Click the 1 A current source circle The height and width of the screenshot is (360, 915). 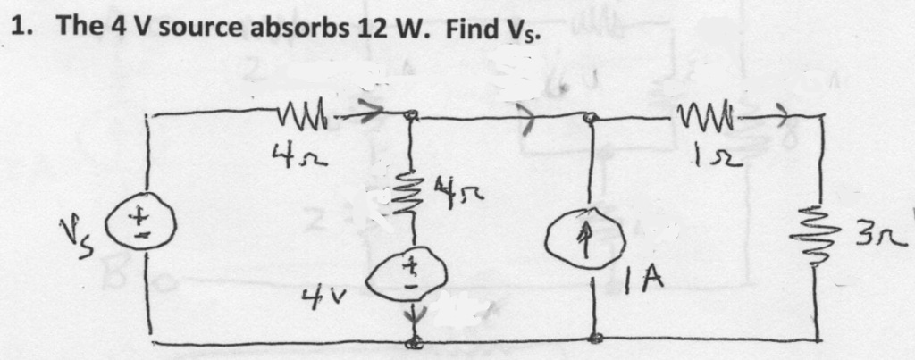point(593,244)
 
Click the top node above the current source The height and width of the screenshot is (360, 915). point(591,117)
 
